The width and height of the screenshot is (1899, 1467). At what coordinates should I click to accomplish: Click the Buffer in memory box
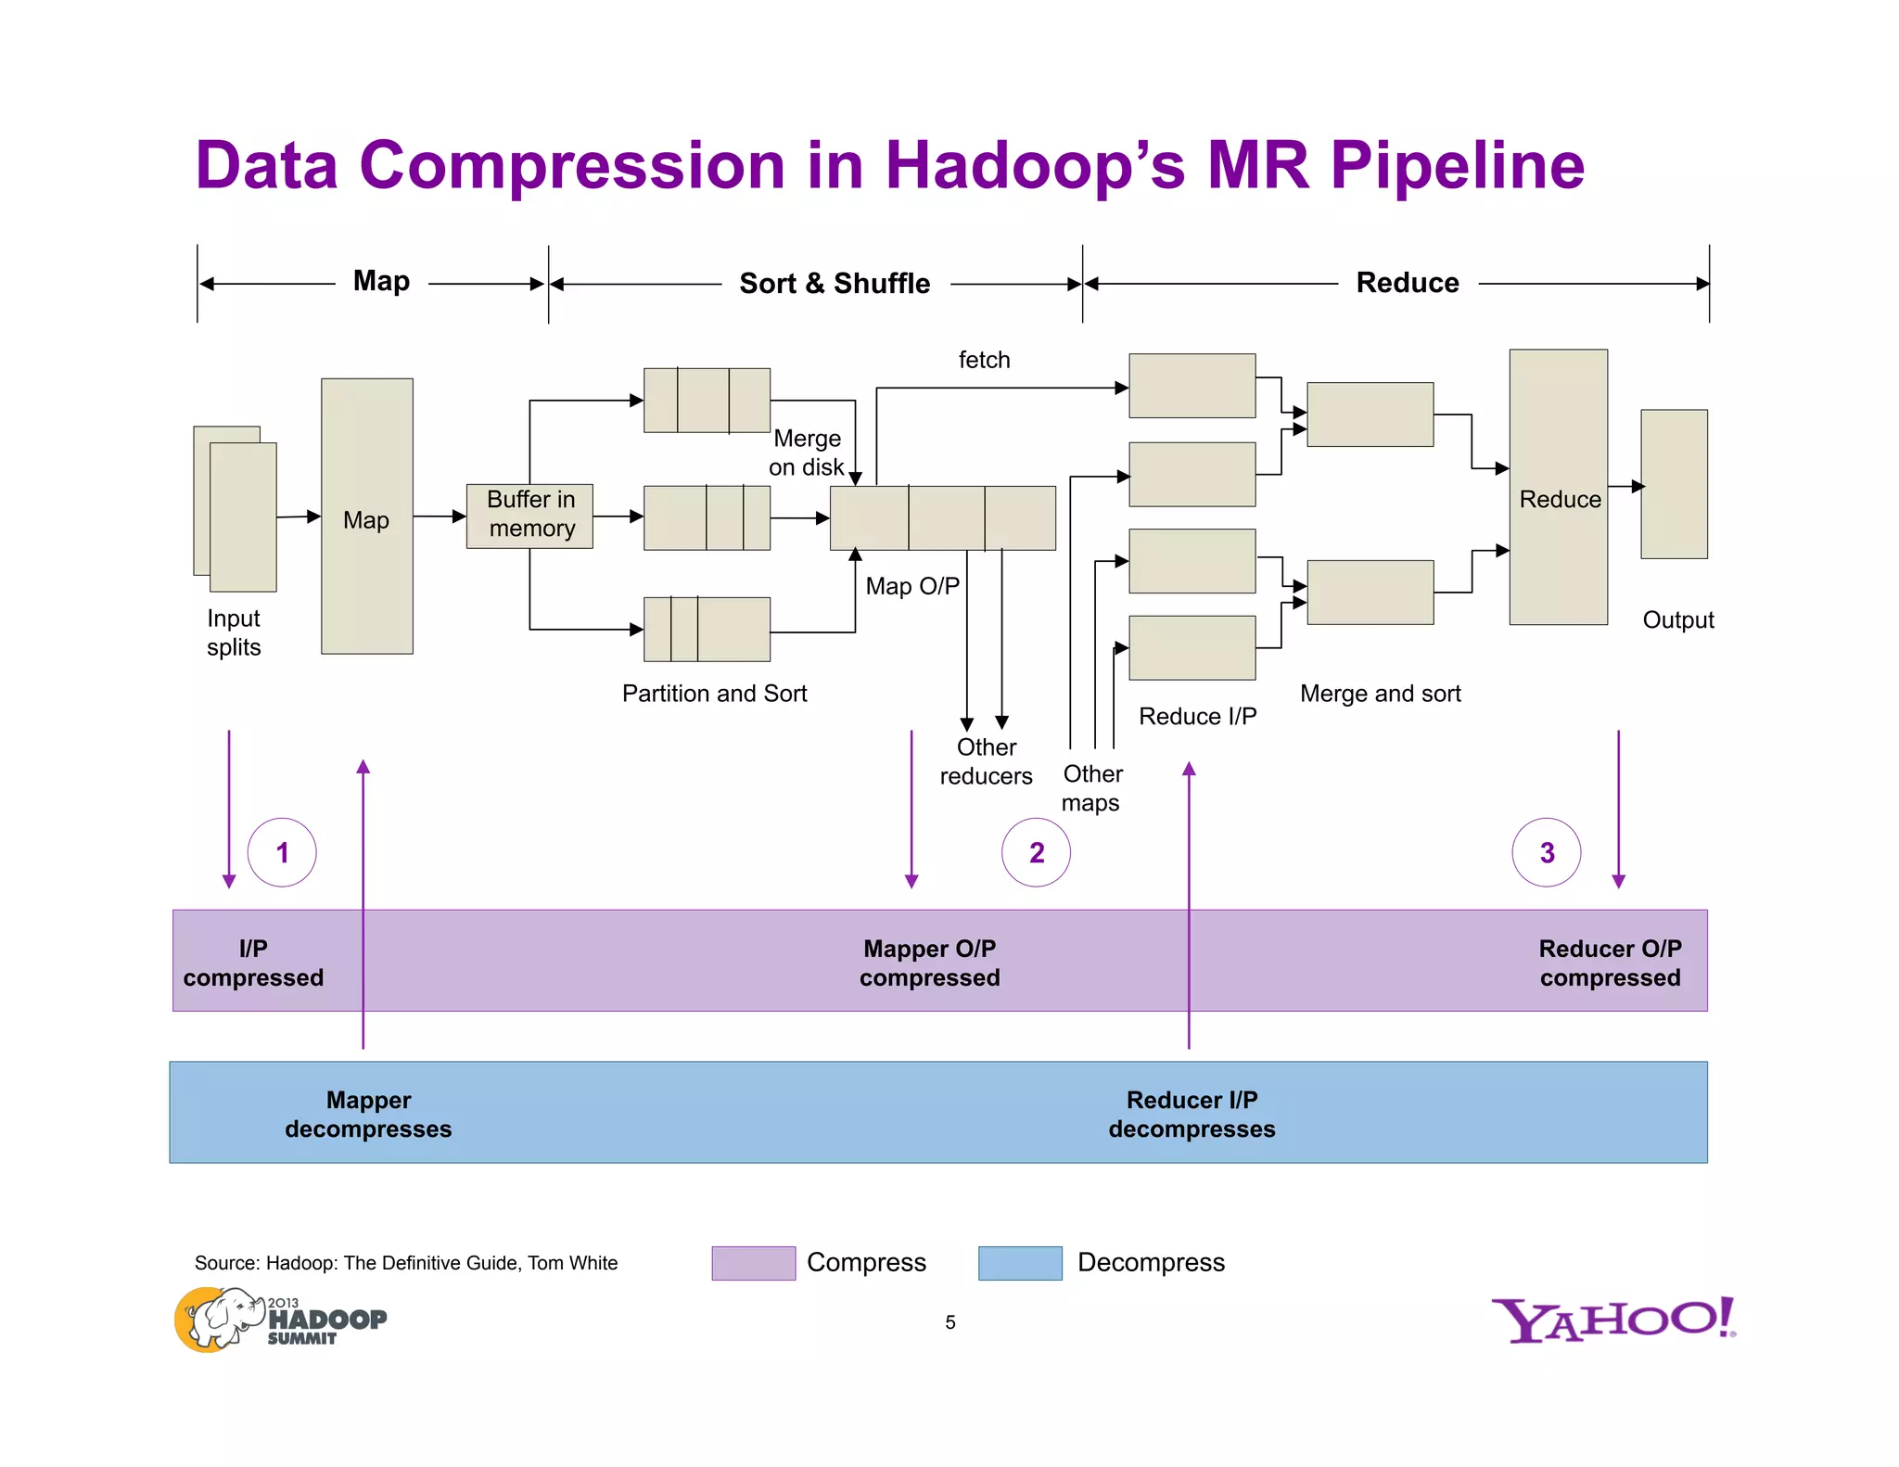529,516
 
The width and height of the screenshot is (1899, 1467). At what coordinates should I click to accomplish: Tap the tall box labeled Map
367,517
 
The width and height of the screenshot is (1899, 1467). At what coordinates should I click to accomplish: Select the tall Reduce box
1558,488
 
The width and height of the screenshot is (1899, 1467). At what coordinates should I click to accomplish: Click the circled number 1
282,852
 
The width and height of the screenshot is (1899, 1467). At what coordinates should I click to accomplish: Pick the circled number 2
1036,852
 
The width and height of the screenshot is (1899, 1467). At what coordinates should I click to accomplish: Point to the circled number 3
1546,852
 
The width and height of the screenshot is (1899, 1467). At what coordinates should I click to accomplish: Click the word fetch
984,360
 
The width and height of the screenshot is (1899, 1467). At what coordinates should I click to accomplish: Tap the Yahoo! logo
1613,1320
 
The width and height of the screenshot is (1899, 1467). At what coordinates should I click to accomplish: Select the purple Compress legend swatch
753,1263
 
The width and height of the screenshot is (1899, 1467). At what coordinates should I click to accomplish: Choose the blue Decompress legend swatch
1020,1263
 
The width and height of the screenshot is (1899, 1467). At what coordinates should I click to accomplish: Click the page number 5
949,1322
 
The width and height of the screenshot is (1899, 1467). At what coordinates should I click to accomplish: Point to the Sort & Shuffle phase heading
834,283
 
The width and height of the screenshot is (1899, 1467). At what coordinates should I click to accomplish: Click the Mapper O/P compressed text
929,963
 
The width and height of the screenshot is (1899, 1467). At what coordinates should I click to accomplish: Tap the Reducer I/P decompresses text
1192,1114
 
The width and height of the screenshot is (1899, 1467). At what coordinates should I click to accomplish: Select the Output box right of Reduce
1674,484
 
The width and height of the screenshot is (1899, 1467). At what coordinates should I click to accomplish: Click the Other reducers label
986,761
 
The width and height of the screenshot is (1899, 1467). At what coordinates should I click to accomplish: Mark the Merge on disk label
806,453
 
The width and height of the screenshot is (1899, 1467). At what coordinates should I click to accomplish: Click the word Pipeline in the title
1457,166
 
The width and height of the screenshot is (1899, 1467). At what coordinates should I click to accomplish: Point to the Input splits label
234,632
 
